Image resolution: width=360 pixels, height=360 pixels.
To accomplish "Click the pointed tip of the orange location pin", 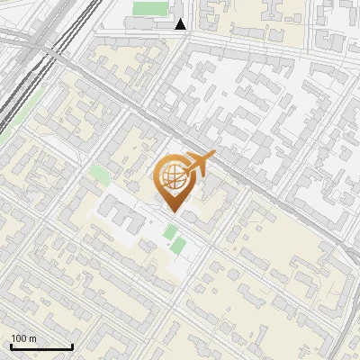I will [172, 212].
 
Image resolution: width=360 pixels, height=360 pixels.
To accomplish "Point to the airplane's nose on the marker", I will [212, 157].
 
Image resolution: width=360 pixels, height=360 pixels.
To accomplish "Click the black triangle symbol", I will [181, 24].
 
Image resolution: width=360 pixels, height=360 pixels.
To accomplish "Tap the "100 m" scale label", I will [24, 339].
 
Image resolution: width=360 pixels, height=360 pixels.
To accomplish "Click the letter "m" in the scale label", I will [32, 339].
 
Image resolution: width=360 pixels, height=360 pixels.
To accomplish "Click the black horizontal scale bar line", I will [40, 347].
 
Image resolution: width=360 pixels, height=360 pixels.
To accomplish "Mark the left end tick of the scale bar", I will [10, 346].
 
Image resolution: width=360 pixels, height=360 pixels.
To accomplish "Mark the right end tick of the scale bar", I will [72, 346].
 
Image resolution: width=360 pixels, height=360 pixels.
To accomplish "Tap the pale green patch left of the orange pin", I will [98, 171].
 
